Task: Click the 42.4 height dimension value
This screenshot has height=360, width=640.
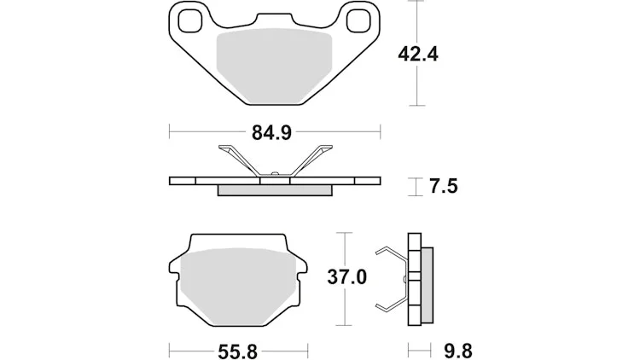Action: pyautogui.click(x=418, y=55)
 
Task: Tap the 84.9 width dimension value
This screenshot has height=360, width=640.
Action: pyautogui.click(x=271, y=132)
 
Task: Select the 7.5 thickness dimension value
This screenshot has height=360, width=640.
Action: pyautogui.click(x=443, y=186)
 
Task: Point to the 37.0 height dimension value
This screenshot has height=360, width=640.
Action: pyautogui.click(x=347, y=277)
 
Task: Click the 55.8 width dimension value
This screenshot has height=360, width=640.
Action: pyautogui.click(x=237, y=351)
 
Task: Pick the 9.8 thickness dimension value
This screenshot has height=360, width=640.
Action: pyautogui.click(x=458, y=351)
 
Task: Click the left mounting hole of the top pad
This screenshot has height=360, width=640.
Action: pyautogui.click(x=190, y=20)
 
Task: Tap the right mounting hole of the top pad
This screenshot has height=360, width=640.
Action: pyautogui.click(x=358, y=20)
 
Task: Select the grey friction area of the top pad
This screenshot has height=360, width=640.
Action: pyautogui.click(x=274, y=66)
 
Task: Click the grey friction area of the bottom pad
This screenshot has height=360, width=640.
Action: pyautogui.click(x=238, y=286)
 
